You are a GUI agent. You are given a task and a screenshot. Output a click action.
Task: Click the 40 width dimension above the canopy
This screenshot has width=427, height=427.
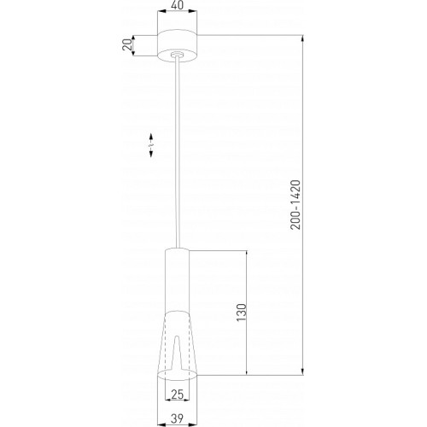coord(177,6)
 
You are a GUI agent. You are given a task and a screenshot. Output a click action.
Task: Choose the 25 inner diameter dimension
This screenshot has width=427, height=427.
coord(177,394)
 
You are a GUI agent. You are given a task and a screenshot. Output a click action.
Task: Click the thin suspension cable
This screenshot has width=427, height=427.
coord(177,154)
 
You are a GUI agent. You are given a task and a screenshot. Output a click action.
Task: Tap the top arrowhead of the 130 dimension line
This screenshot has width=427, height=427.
coord(247,254)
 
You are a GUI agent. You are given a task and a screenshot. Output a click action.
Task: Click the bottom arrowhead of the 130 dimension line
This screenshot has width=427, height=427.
coord(247,372)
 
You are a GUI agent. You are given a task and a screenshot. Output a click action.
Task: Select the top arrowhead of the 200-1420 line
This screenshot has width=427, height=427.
coord(302,38)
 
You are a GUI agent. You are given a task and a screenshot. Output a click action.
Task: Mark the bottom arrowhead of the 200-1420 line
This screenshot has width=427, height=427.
coord(302,372)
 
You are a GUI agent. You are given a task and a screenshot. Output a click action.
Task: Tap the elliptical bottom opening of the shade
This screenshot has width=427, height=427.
coord(177,373)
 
